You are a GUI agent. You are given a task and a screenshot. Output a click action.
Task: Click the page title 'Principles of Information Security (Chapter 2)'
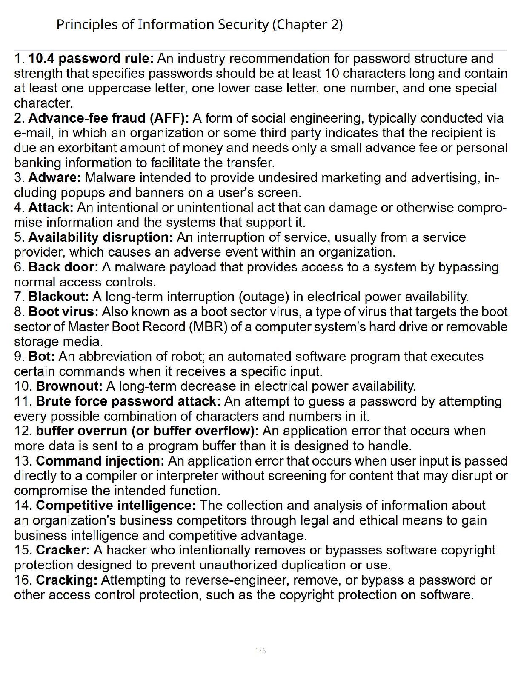click(199, 25)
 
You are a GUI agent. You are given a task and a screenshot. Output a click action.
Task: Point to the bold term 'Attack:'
click(51, 207)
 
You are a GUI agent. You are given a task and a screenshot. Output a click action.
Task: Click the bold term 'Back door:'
click(63, 267)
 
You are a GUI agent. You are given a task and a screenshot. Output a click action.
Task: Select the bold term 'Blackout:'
click(58, 297)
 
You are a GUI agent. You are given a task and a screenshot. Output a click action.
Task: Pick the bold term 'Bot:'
click(42, 356)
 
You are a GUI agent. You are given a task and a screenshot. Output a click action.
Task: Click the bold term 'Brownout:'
click(69, 386)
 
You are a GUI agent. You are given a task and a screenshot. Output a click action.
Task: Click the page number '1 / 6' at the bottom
click(260, 651)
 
